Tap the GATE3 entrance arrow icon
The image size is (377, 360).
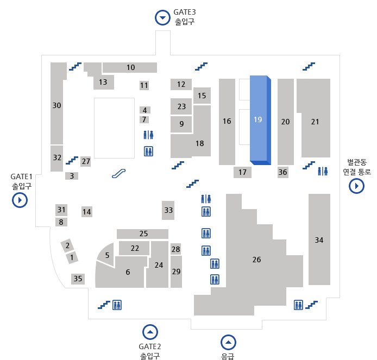coord(162,18)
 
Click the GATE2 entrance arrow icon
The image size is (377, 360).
coord(150,332)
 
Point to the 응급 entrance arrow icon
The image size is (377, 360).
coord(229,342)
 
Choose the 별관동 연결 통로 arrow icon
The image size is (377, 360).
coord(356,186)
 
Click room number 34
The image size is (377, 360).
coord(319,239)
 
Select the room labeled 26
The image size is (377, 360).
coord(256,260)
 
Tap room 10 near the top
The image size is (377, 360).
coord(130,68)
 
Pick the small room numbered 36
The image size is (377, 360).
coord(282,172)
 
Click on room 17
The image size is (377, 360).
coord(242,173)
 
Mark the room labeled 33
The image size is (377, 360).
coord(168,210)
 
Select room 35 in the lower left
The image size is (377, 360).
coord(78,279)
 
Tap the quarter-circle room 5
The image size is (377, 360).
coord(106,255)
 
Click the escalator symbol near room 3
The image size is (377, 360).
coord(119,173)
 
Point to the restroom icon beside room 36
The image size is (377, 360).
coord(323,171)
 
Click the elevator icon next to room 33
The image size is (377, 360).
coord(206,212)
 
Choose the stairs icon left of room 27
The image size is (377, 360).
coord(72,160)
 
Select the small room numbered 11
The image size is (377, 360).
coord(144,85)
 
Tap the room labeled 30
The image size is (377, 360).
coord(56,105)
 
